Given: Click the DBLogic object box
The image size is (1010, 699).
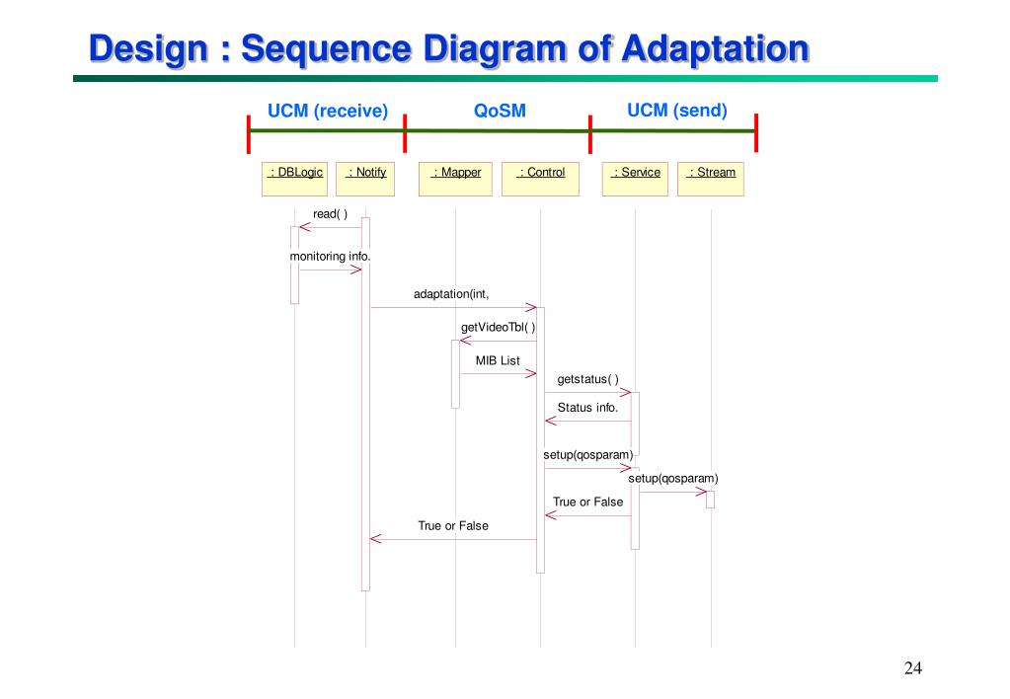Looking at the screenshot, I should (294, 178).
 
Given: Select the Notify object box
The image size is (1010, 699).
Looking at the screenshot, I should (365, 178).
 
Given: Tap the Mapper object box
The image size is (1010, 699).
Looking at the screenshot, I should (455, 178).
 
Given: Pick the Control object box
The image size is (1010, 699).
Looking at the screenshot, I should (540, 178).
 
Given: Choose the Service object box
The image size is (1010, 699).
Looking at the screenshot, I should (635, 178).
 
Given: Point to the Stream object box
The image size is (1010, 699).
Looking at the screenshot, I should (711, 178).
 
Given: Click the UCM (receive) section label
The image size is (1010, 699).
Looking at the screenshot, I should (328, 111).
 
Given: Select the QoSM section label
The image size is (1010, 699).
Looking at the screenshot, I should (500, 112).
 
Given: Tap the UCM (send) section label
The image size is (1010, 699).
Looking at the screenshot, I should (677, 110).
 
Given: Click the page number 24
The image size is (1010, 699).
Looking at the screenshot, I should (912, 669).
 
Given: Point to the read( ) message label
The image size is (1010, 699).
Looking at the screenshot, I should (330, 214).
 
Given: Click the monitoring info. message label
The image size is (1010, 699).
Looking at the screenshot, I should (330, 257).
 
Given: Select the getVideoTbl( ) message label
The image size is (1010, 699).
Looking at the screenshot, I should (499, 328).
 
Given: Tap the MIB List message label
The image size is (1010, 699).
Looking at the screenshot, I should (498, 361).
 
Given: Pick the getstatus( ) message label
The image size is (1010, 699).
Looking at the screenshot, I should (587, 379).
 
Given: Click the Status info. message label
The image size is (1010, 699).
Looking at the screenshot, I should (587, 408).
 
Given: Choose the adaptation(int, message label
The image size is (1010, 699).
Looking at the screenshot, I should (451, 294).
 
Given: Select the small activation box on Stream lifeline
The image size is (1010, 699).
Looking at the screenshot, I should (710, 500).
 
